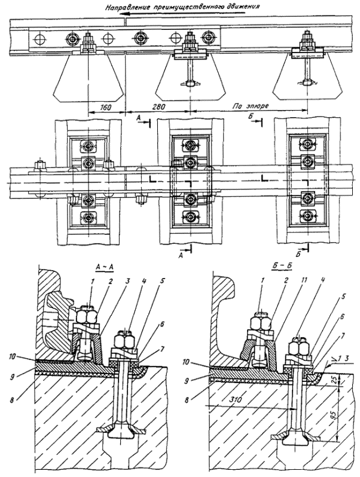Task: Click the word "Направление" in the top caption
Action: click(128, 8)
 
